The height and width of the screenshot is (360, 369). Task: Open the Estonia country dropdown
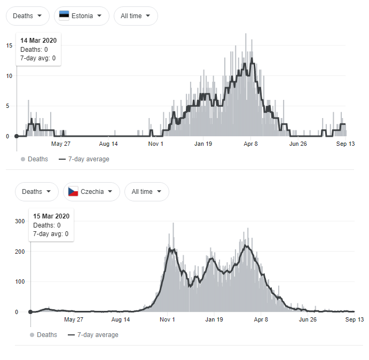coord(82,16)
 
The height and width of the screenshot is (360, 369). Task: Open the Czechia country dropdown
coord(91,192)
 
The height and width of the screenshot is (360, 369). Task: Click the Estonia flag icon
coord(64,15)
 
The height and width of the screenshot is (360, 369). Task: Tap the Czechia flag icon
coord(73,192)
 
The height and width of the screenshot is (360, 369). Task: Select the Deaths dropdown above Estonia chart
coord(28,16)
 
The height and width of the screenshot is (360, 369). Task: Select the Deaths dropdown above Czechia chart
coord(37,192)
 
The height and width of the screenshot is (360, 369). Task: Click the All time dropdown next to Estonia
coord(136,16)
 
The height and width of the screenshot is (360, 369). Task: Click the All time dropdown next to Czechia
coord(146,192)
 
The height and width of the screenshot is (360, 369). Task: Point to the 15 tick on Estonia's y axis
coord(9,45)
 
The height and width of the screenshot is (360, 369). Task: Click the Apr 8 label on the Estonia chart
coord(250,144)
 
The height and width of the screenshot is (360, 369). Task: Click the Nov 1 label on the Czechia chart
coord(167,319)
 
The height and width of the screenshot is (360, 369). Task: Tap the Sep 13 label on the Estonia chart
coord(346,144)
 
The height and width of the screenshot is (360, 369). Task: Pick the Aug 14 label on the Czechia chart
coord(121,319)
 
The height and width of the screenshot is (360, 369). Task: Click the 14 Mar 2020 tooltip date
coord(38,41)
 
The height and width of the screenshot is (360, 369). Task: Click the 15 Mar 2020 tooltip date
coord(51,216)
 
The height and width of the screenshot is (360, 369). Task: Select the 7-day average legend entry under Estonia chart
coord(84,159)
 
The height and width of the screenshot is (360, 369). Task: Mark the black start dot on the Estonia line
coord(17,136)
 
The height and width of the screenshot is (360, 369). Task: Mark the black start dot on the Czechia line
coord(30,312)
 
